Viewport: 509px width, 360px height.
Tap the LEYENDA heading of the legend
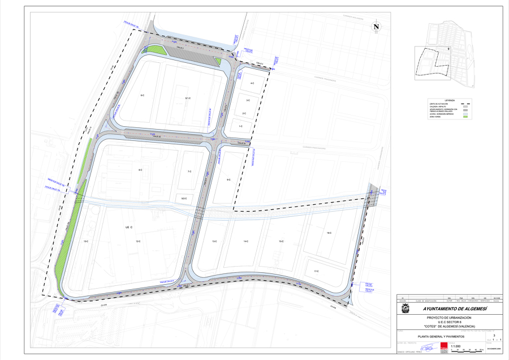coord(450,100)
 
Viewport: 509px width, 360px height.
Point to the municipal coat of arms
coord(406,309)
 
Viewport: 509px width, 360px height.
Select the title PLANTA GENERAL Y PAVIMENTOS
coord(441,336)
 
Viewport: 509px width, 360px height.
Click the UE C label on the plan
coord(128,227)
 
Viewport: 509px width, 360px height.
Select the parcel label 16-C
coord(329,233)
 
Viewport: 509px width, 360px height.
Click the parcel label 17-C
coord(316,272)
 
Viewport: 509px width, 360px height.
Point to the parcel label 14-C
coord(246,242)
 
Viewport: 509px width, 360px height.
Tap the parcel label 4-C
coord(252,83)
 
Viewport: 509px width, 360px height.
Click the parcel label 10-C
coord(86,242)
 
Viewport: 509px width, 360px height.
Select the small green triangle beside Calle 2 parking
coord(217,61)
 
